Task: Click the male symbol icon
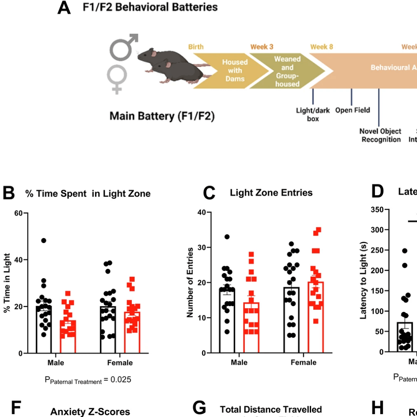coord(124,45)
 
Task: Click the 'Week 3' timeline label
coord(262,47)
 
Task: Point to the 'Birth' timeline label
coord(196,47)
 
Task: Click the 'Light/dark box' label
coord(313,115)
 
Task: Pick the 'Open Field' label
coord(352,110)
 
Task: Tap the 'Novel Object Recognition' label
coord(380,136)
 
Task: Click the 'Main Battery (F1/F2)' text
coord(162,116)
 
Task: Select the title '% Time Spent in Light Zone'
coord(88,193)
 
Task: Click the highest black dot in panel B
coord(43,241)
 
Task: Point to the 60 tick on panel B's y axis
coord(20,213)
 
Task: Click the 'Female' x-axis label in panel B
coord(120,363)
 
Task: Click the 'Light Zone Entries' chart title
coord(271,192)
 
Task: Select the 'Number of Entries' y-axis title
coord(190,282)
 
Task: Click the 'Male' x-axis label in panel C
coord(239,362)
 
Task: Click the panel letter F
coord(16,409)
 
